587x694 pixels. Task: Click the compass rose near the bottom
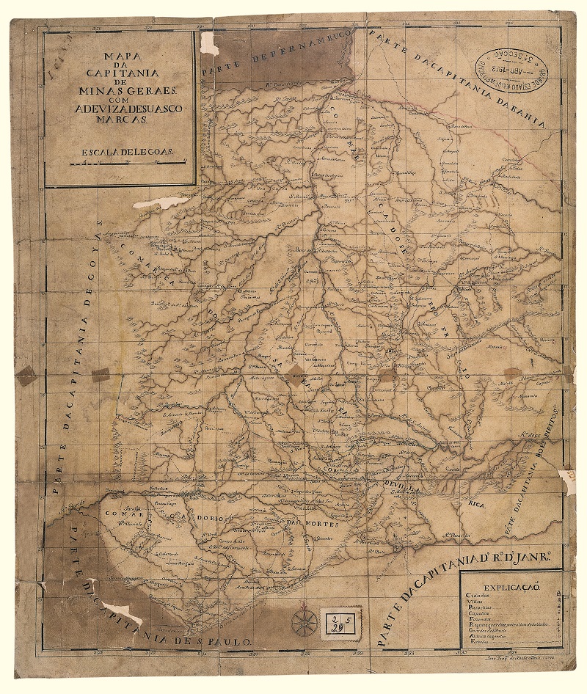[x=303, y=621]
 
